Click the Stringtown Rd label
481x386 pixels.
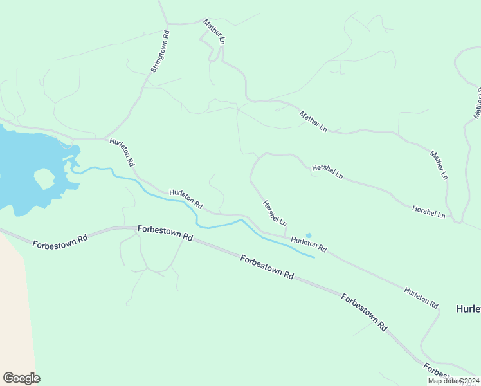pyautogui.click(x=159, y=51)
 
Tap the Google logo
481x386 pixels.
pyautogui.click(x=21, y=378)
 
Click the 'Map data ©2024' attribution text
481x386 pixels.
pyautogui.click(x=453, y=381)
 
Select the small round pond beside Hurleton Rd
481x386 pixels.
pyautogui.click(x=309, y=235)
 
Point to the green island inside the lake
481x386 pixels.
pyautogui.click(x=44, y=178)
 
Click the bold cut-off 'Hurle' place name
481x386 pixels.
pyautogui.click(x=467, y=309)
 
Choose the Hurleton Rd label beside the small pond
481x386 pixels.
pyautogui.click(x=309, y=244)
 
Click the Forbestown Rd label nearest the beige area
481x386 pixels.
pyautogui.click(x=59, y=241)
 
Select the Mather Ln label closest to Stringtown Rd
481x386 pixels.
pyautogui.click(x=215, y=32)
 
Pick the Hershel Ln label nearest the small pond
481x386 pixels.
pyautogui.click(x=275, y=213)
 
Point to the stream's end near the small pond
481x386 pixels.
pyautogui.click(x=314, y=257)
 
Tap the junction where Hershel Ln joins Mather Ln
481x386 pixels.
pyautogui.click(x=458, y=222)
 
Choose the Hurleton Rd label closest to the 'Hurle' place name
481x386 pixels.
pyautogui.click(x=421, y=297)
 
